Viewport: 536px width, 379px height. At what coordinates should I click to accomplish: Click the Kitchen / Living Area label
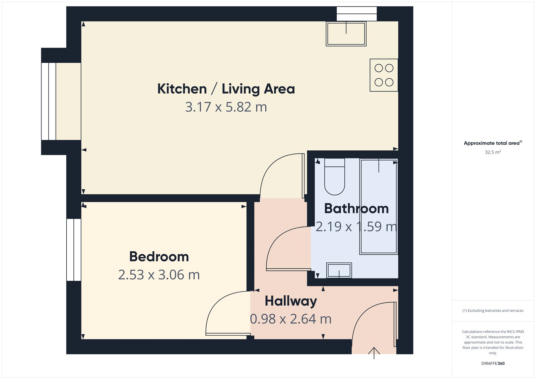pos(226,89)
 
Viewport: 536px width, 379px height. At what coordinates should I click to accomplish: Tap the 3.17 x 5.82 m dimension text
pos(226,107)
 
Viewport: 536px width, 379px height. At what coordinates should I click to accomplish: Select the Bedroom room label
pos(159,257)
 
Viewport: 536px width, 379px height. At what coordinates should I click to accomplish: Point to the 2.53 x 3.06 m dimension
pos(159,275)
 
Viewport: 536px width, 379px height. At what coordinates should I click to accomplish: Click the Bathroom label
pos(356,209)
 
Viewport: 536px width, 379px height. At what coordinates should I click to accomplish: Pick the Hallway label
pos(291,301)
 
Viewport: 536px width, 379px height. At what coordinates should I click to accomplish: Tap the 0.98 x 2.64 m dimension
pos(291,319)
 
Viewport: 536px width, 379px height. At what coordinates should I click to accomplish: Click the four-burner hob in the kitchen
pos(384,75)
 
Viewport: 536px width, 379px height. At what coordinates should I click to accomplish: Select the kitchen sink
pos(346,34)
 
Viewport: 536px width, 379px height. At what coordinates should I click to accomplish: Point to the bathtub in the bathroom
pos(379,206)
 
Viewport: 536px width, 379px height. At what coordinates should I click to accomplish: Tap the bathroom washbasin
pos(339,270)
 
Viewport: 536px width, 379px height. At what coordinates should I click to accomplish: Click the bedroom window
pos(74,250)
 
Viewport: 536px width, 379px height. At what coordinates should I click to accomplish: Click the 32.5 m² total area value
pos(493,152)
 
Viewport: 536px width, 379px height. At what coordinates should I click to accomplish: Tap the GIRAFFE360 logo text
pos(493,363)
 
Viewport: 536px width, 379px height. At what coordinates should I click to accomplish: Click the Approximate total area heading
pos(492,143)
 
